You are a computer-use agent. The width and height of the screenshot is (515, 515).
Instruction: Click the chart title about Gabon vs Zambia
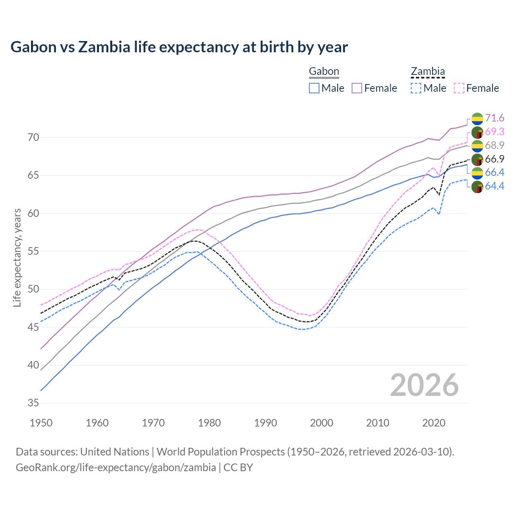179,47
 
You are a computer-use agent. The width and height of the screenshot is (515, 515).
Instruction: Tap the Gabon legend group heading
324,72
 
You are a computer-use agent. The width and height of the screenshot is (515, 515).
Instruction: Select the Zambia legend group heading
428,72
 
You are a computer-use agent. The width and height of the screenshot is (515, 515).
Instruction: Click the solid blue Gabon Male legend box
314,88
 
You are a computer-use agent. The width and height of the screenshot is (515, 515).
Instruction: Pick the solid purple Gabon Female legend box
357,88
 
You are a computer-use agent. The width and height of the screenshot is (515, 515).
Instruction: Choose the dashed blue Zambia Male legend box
416,88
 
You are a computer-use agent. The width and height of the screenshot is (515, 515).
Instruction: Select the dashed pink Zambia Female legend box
459,88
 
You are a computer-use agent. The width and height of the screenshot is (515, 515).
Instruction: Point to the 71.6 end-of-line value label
494,118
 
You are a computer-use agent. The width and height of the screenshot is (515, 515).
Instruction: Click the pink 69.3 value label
494,132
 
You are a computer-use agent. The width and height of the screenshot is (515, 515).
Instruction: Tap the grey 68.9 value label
494,145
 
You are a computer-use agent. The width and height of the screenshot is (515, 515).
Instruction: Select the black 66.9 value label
494,159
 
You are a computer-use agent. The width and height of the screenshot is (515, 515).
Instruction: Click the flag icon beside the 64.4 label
477,187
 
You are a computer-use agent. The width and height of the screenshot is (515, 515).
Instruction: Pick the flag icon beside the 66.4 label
477,173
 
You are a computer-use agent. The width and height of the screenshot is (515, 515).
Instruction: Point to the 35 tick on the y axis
33,403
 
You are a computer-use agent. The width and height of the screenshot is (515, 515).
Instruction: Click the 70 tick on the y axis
33,138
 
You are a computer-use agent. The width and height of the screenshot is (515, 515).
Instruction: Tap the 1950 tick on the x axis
41,423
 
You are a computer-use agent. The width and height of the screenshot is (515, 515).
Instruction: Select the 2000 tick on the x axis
321,423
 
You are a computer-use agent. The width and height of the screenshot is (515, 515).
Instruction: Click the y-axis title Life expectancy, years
17,257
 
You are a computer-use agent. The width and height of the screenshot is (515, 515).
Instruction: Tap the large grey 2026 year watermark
424,385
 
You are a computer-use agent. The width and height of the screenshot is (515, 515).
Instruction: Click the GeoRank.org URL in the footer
116,468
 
